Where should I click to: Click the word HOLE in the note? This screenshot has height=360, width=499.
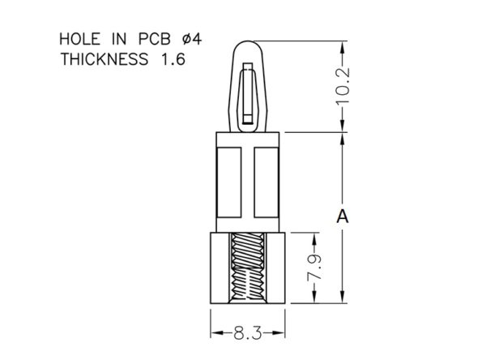click(x=80, y=39)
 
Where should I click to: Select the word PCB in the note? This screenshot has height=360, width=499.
click(x=155, y=39)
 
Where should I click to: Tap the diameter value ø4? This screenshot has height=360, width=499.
click(x=192, y=39)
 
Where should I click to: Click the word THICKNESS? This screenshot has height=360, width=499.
click(x=104, y=59)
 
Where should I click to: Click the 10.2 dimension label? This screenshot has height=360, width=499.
click(x=343, y=86)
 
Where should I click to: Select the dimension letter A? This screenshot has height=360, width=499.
click(x=343, y=216)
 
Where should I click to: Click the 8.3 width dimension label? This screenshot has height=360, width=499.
click(x=248, y=333)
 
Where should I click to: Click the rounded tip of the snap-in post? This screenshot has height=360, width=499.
click(x=248, y=42)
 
